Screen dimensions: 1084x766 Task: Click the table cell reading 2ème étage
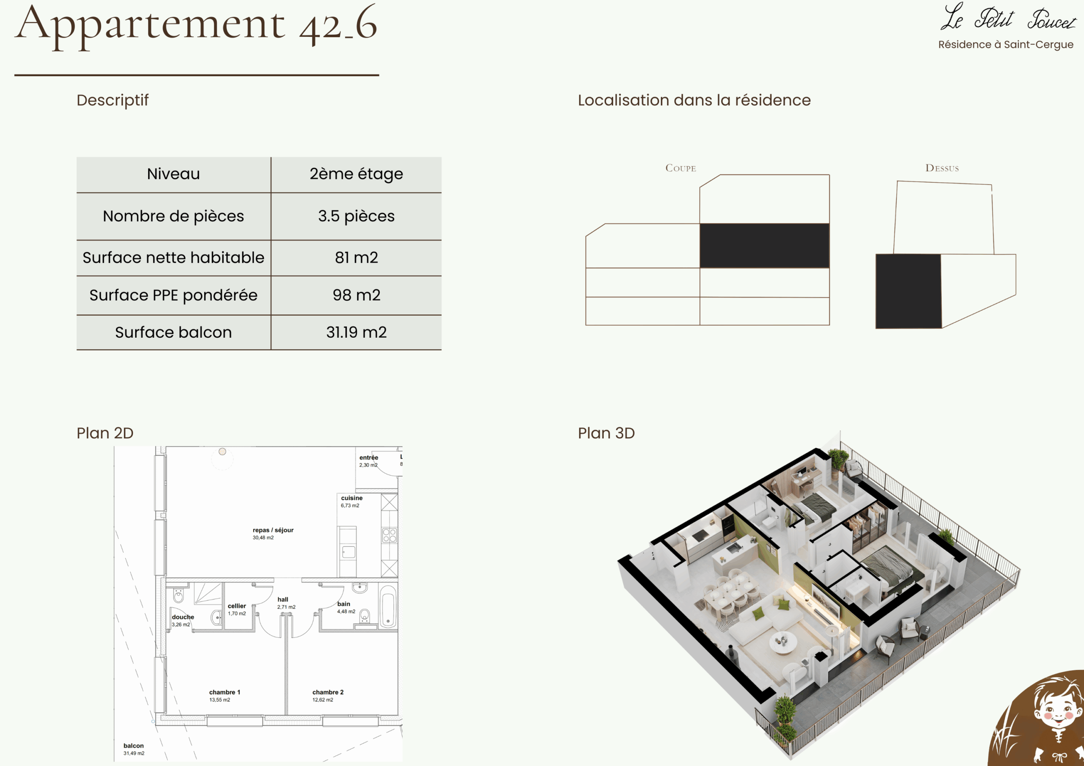click(356, 174)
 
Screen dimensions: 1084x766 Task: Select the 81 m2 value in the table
click(356, 258)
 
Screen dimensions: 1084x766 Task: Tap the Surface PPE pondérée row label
click(173, 295)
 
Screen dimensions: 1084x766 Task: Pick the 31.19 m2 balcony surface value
click(356, 332)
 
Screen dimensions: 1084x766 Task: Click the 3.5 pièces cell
click(356, 216)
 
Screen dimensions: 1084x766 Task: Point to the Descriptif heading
click(112, 101)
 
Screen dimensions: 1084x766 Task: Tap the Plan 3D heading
click(606, 433)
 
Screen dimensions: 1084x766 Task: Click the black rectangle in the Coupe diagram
click(764, 246)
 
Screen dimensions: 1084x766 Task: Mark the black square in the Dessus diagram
click(908, 291)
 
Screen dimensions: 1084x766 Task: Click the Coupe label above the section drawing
click(680, 168)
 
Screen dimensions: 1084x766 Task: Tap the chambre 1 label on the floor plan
click(225, 692)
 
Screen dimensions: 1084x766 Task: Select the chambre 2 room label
click(328, 692)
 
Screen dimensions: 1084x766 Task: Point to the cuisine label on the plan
click(352, 498)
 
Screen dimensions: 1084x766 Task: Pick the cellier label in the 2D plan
click(237, 606)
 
